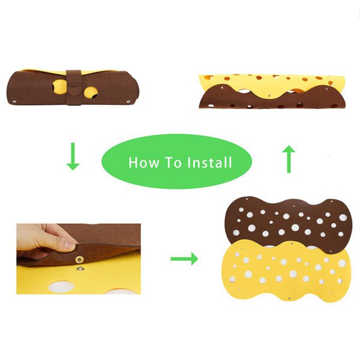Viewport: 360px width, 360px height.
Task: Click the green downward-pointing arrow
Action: [73, 157]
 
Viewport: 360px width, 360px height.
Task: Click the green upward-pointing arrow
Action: [289, 159]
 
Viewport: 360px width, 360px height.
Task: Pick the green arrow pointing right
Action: [184, 259]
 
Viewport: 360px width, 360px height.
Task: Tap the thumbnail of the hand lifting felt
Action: [79, 259]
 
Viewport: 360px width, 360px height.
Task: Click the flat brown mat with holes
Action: [285, 222]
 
